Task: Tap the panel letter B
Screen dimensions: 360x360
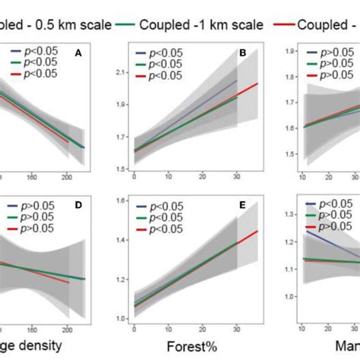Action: coord(242,54)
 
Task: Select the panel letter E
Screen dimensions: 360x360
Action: coord(242,205)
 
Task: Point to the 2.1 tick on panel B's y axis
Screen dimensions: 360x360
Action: coord(118,72)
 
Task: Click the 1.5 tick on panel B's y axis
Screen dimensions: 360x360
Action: coord(118,169)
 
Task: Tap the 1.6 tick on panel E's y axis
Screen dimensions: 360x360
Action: coord(118,201)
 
